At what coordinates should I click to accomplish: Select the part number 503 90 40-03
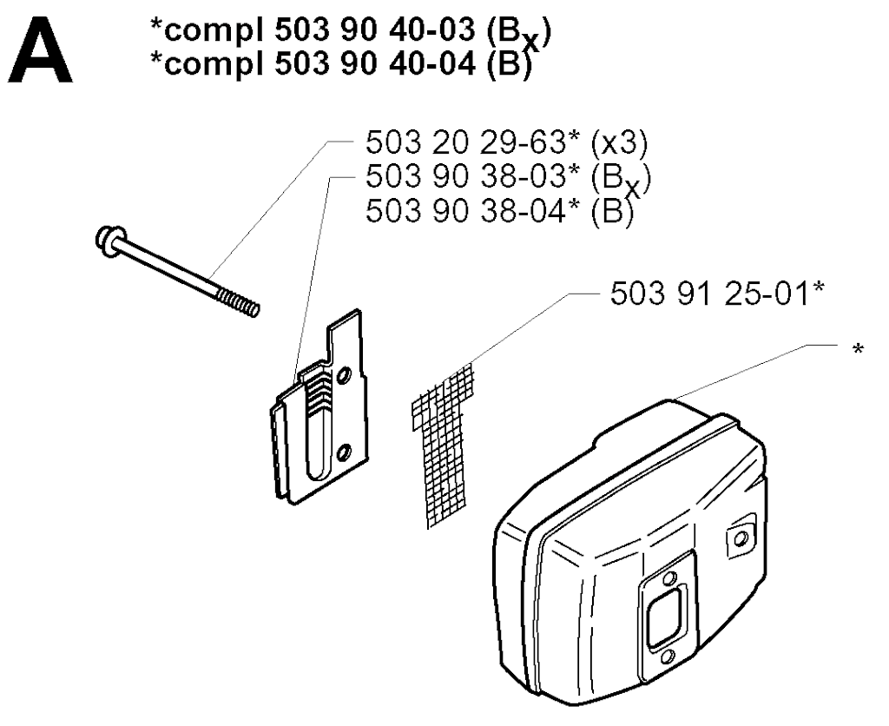pyautogui.click(x=375, y=30)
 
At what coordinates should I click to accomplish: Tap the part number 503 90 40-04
pyautogui.click(x=375, y=64)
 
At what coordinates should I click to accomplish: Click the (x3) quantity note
pyautogui.click(x=618, y=143)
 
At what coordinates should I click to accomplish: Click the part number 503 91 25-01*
pyautogui.click(x=716, y=294)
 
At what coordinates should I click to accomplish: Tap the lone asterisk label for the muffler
pyautogui.click(x=859, y=349)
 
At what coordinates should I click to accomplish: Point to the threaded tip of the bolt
pyautogui.click(x=238, y=302)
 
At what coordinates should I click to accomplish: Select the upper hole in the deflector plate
pyautogui.click(x=342, y=376)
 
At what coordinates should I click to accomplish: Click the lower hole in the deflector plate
pyautogui.click(x=342, y=452)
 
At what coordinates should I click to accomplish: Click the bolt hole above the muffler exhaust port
pyautogui.click(x=669, y=577)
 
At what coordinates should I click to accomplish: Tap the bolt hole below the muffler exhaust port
pyautogui.click(x=668, y=657)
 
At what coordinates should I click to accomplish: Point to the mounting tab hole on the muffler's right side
pyautogui.click(x=740, y=538)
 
